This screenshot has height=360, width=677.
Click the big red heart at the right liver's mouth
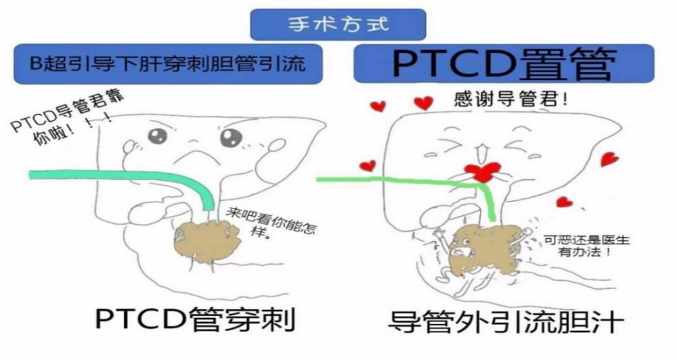tap(482, 172)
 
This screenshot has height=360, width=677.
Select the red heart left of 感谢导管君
tap(423, 103)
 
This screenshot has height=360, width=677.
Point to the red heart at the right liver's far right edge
tap(610, 159)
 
